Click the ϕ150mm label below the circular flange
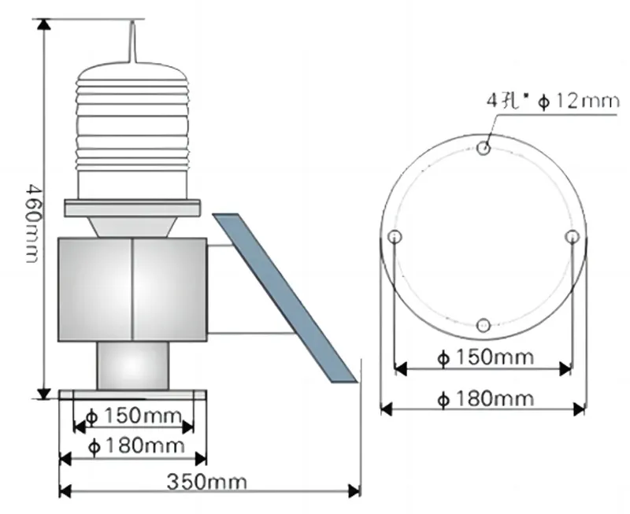tap(484, 357)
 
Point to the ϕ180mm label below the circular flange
tap(484, 398)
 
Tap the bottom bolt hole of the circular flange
tap(484, 324)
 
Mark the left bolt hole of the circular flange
tap(395, 236)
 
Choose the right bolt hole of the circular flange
tap(573, 236)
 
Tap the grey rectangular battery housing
tap(132, 289)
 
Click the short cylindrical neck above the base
tap(133, 365)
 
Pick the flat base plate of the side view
tap(133, 394)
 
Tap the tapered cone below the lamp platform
tap(133, 227)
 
